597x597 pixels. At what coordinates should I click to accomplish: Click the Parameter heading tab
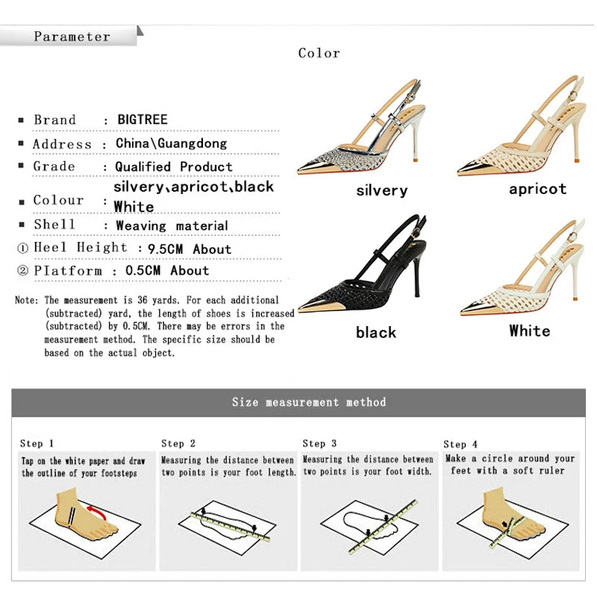point(72,36)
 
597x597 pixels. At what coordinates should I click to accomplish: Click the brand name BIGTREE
point(143,119)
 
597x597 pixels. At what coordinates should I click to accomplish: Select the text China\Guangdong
point(171,143)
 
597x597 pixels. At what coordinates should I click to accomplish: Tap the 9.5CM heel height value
point(162,249)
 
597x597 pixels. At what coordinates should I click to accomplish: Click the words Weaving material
point(172,225)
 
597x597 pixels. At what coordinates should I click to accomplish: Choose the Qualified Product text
point(174,166)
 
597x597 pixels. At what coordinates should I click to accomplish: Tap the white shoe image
point(522,269)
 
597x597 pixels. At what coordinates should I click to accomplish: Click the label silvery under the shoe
point(381,191)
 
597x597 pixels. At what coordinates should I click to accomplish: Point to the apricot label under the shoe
point(537,189)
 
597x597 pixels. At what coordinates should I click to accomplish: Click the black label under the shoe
point(376,333)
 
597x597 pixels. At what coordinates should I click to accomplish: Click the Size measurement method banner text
point(309,402)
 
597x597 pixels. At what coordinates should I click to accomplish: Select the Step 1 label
point(37,443)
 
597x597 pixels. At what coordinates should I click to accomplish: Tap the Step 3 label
point(319,443)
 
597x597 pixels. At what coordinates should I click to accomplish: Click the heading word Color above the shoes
point(319,53)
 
